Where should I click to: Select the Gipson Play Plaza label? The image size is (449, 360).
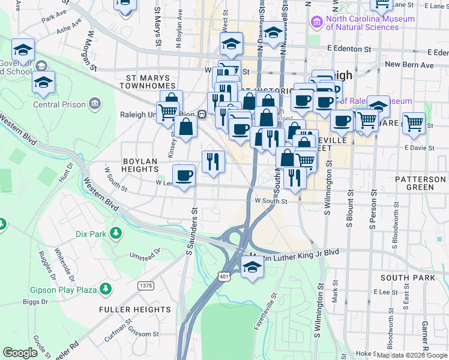[64, 289]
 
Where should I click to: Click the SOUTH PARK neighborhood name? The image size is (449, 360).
[407, 278]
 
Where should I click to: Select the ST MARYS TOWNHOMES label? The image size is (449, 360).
[152, 82]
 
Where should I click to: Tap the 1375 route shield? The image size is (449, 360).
[145, 285]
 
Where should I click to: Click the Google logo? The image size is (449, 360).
[20, 353]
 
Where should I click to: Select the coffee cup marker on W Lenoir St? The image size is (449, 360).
[184, 176]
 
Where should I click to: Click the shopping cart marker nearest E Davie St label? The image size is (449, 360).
[414, 124]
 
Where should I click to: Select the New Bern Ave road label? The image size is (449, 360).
[409, 64]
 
